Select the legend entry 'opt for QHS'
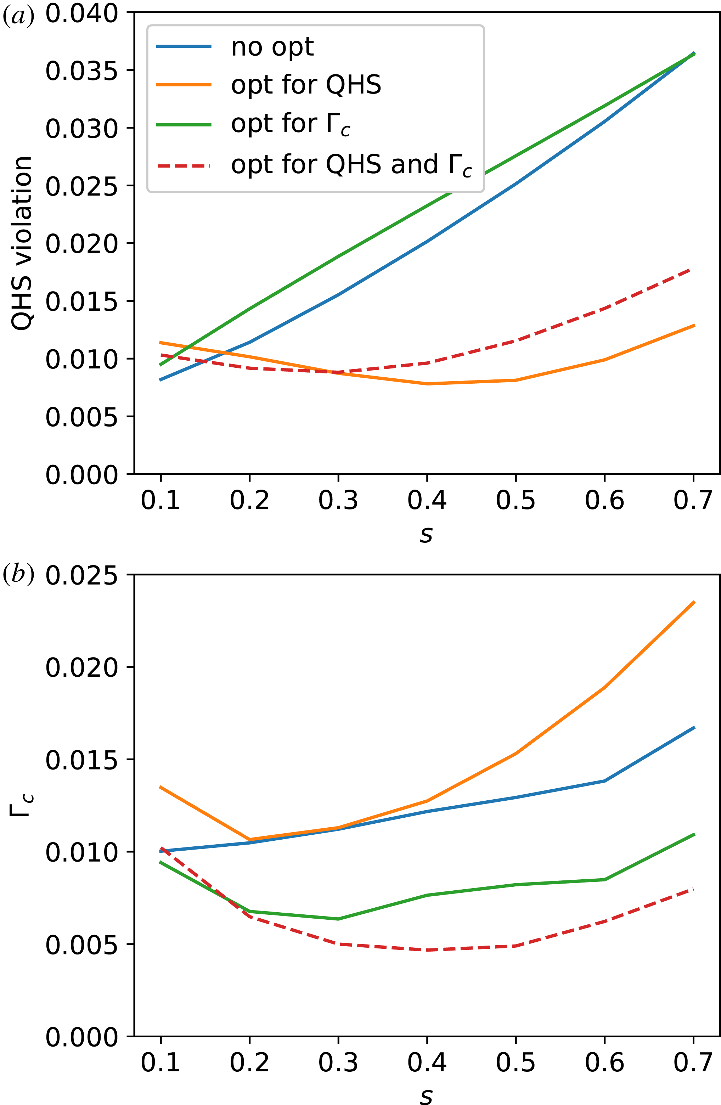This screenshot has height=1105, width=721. [x=306, y=85]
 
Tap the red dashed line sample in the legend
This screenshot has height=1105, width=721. [x=184, y=165]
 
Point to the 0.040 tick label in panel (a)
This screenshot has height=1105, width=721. [x=82, y=13]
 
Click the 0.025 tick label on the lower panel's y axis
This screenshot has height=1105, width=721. [x=82, y=576]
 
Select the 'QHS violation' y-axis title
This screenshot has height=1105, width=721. [x=22, y=243]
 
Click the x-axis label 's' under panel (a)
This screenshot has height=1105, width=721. [x=426, y=534]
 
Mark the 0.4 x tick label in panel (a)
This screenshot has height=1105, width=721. [x=427, y=501]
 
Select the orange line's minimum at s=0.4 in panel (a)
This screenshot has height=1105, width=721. [x=427, y=383]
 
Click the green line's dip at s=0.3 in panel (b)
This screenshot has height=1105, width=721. [x=338, y=919]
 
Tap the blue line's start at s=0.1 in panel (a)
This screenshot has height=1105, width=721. [x=160, y=380]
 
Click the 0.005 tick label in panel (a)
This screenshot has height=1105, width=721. [x=82, y=417]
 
